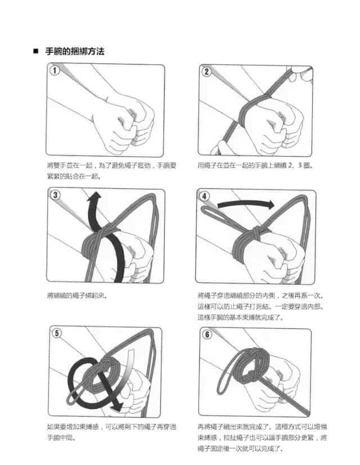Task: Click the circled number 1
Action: pos(55,71)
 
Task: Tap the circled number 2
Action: pos(206,71)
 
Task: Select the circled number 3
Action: pos(55,195)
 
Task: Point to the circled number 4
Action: pos(204,196)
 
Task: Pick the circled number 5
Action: pos(57,333)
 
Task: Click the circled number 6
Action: pos(207,335)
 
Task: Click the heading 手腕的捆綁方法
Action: pos(75,51)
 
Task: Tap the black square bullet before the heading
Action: pos(36,51)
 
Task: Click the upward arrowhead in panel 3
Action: pos(94,197)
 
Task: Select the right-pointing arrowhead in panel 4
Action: pos(271,204)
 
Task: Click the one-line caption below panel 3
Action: pos(77,295)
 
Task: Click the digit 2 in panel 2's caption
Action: pos(290,165)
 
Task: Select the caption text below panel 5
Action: pos(111,432)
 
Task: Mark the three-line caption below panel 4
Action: pos(261,306)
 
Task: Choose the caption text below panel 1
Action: pos(111,170)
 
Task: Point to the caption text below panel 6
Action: pos(262,437)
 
